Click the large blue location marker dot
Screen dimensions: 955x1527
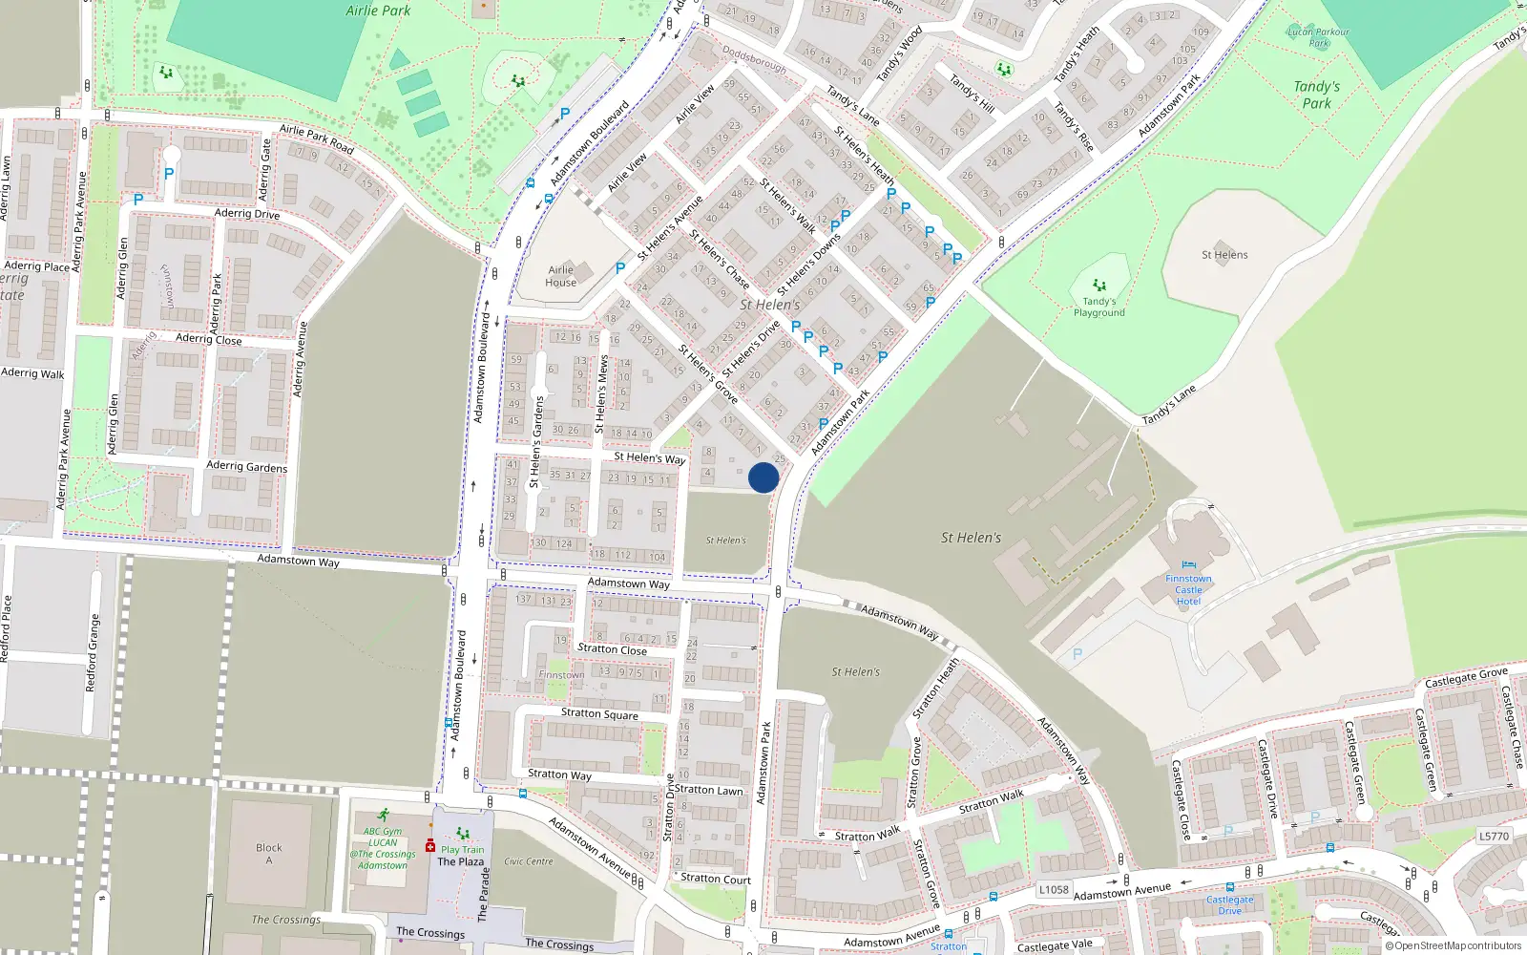(763, 477)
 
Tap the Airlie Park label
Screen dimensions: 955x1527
(378, 11)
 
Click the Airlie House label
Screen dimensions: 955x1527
(561, 276)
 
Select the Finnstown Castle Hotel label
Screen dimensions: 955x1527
(1188, 589)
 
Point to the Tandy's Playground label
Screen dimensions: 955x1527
(1099, 307)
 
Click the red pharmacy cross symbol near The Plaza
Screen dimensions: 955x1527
(430, 846)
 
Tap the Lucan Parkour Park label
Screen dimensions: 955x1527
(1319, 37)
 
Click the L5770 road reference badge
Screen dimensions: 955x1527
(1494, 837)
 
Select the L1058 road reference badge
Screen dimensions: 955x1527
(1054, 889)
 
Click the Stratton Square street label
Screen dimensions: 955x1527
(599, 713)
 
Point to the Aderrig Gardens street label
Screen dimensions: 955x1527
(246, 466)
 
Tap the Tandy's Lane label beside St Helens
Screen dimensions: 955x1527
(1169, 405)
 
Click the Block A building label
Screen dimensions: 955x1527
(269, 853)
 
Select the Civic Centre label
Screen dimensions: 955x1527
(529, 861)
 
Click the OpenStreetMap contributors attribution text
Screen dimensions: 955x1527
(1453, 945)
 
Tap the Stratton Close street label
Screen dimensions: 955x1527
(612, 649)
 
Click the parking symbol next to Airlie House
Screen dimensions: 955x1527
(620, 268)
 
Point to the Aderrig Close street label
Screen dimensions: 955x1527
(209, 339)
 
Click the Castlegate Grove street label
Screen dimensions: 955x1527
(1467, 678)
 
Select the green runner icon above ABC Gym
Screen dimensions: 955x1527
(383, 816)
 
